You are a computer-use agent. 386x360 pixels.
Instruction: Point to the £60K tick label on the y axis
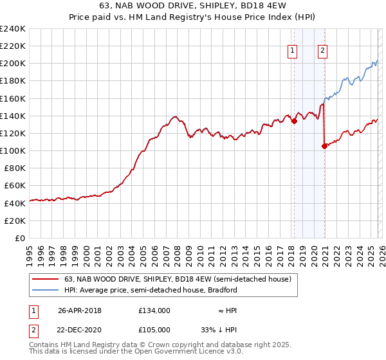(14, 186)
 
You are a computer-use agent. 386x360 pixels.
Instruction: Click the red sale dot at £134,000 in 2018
(294, 120)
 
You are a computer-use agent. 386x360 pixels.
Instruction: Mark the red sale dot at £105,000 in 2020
(324, 146)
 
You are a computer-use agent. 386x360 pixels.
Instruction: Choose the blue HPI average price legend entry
(151, 290)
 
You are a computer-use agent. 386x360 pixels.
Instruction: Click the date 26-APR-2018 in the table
(80, 310)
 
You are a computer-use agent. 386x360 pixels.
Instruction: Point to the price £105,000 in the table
(154, 329)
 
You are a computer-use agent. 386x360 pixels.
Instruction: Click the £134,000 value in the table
(154, 310)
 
